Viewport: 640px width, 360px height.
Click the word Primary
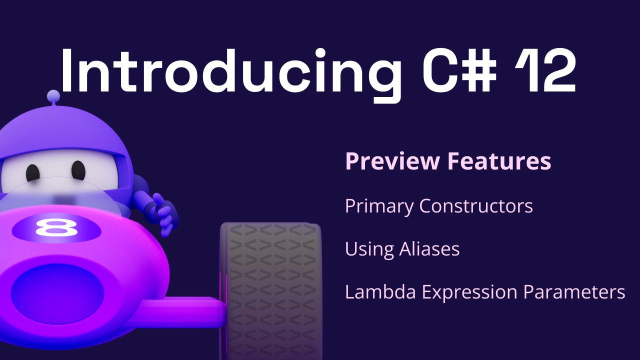pos(379,206)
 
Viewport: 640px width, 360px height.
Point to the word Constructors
pos(476,206)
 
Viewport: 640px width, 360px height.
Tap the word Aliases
pos(430,248)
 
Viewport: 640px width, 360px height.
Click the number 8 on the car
pos(56,228)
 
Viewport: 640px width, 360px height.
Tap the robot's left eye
pos(33,172)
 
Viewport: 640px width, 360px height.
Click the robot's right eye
pos(78,170)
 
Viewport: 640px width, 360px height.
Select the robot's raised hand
pos(162,212)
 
